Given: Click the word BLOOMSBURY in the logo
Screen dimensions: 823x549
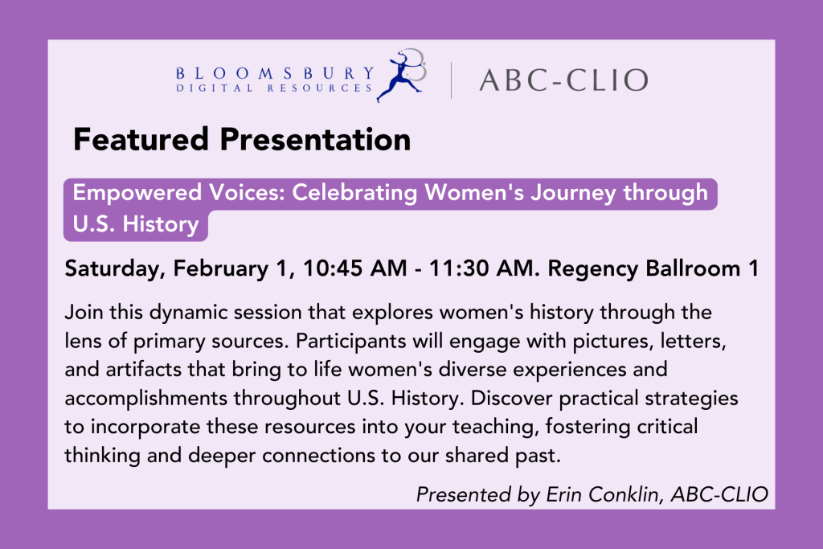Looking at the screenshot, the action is [275, 73].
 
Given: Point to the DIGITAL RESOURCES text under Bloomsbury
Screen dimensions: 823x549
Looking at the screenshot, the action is [275, 88].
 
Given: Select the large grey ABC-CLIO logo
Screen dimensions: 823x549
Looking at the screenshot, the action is [563, 80].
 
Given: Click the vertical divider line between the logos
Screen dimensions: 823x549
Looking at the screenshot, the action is [451, 80].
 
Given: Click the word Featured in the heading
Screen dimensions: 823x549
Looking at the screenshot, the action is [141, 140].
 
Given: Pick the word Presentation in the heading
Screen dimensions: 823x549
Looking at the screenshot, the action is [315, 140].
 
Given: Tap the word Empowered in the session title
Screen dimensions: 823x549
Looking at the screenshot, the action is [137, 193].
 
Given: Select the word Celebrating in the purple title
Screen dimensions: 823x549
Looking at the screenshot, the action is [354, 193].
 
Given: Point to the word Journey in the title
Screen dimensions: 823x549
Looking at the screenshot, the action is [573, 193].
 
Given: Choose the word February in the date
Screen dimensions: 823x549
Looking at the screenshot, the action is [220, 269].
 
